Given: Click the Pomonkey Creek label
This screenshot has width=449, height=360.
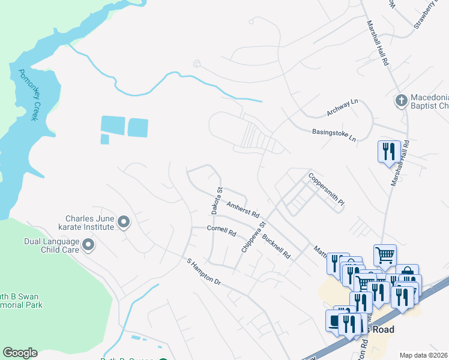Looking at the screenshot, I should [x=28, y=95].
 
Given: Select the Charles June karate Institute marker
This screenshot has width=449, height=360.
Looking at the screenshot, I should [x=124, y=223].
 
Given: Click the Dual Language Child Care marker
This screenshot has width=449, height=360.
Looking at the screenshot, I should [x=88, y=245].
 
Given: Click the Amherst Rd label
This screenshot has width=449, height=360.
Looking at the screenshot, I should [x=243, y=209].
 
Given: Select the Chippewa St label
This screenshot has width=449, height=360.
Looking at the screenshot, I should [x=253, y=237].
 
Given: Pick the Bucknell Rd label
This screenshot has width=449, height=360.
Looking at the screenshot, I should [x=276, y=247].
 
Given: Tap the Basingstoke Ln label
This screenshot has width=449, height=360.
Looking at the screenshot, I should [x=334, y=135].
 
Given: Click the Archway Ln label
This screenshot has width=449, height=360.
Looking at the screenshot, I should [x=342, y=108].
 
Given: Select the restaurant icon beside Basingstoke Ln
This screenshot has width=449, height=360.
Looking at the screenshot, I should [x=388, y=151].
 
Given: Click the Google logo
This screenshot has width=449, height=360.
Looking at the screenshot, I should [x=20, y=353].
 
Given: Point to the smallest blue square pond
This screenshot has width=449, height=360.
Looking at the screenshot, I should [x=104, y=139].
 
